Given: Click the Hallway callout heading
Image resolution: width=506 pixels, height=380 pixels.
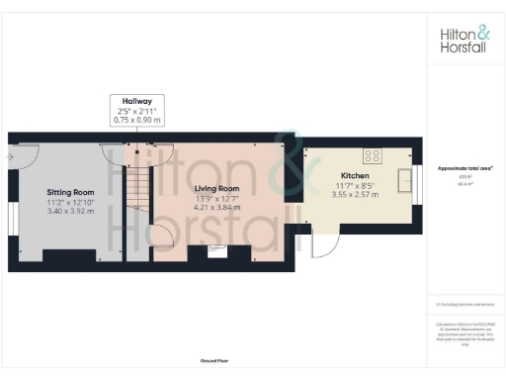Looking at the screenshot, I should (136, 100).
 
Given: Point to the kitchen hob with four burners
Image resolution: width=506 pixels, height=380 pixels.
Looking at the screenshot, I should (374, 154).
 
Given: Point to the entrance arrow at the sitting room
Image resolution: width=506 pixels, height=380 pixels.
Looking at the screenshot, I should (11, 155).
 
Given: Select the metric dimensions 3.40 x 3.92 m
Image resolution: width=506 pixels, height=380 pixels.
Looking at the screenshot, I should (70, 211).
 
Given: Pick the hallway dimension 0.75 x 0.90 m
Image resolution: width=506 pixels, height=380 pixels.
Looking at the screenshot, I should (136, 119).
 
